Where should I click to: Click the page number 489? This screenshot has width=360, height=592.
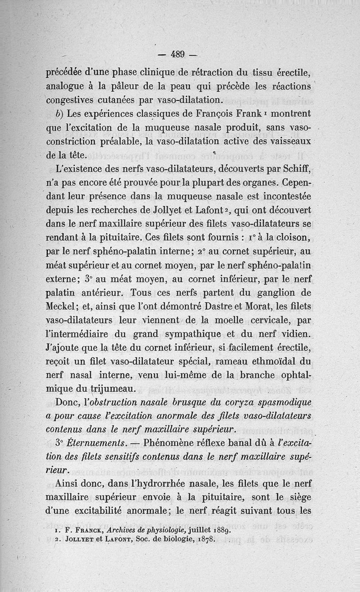pos(178,54)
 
